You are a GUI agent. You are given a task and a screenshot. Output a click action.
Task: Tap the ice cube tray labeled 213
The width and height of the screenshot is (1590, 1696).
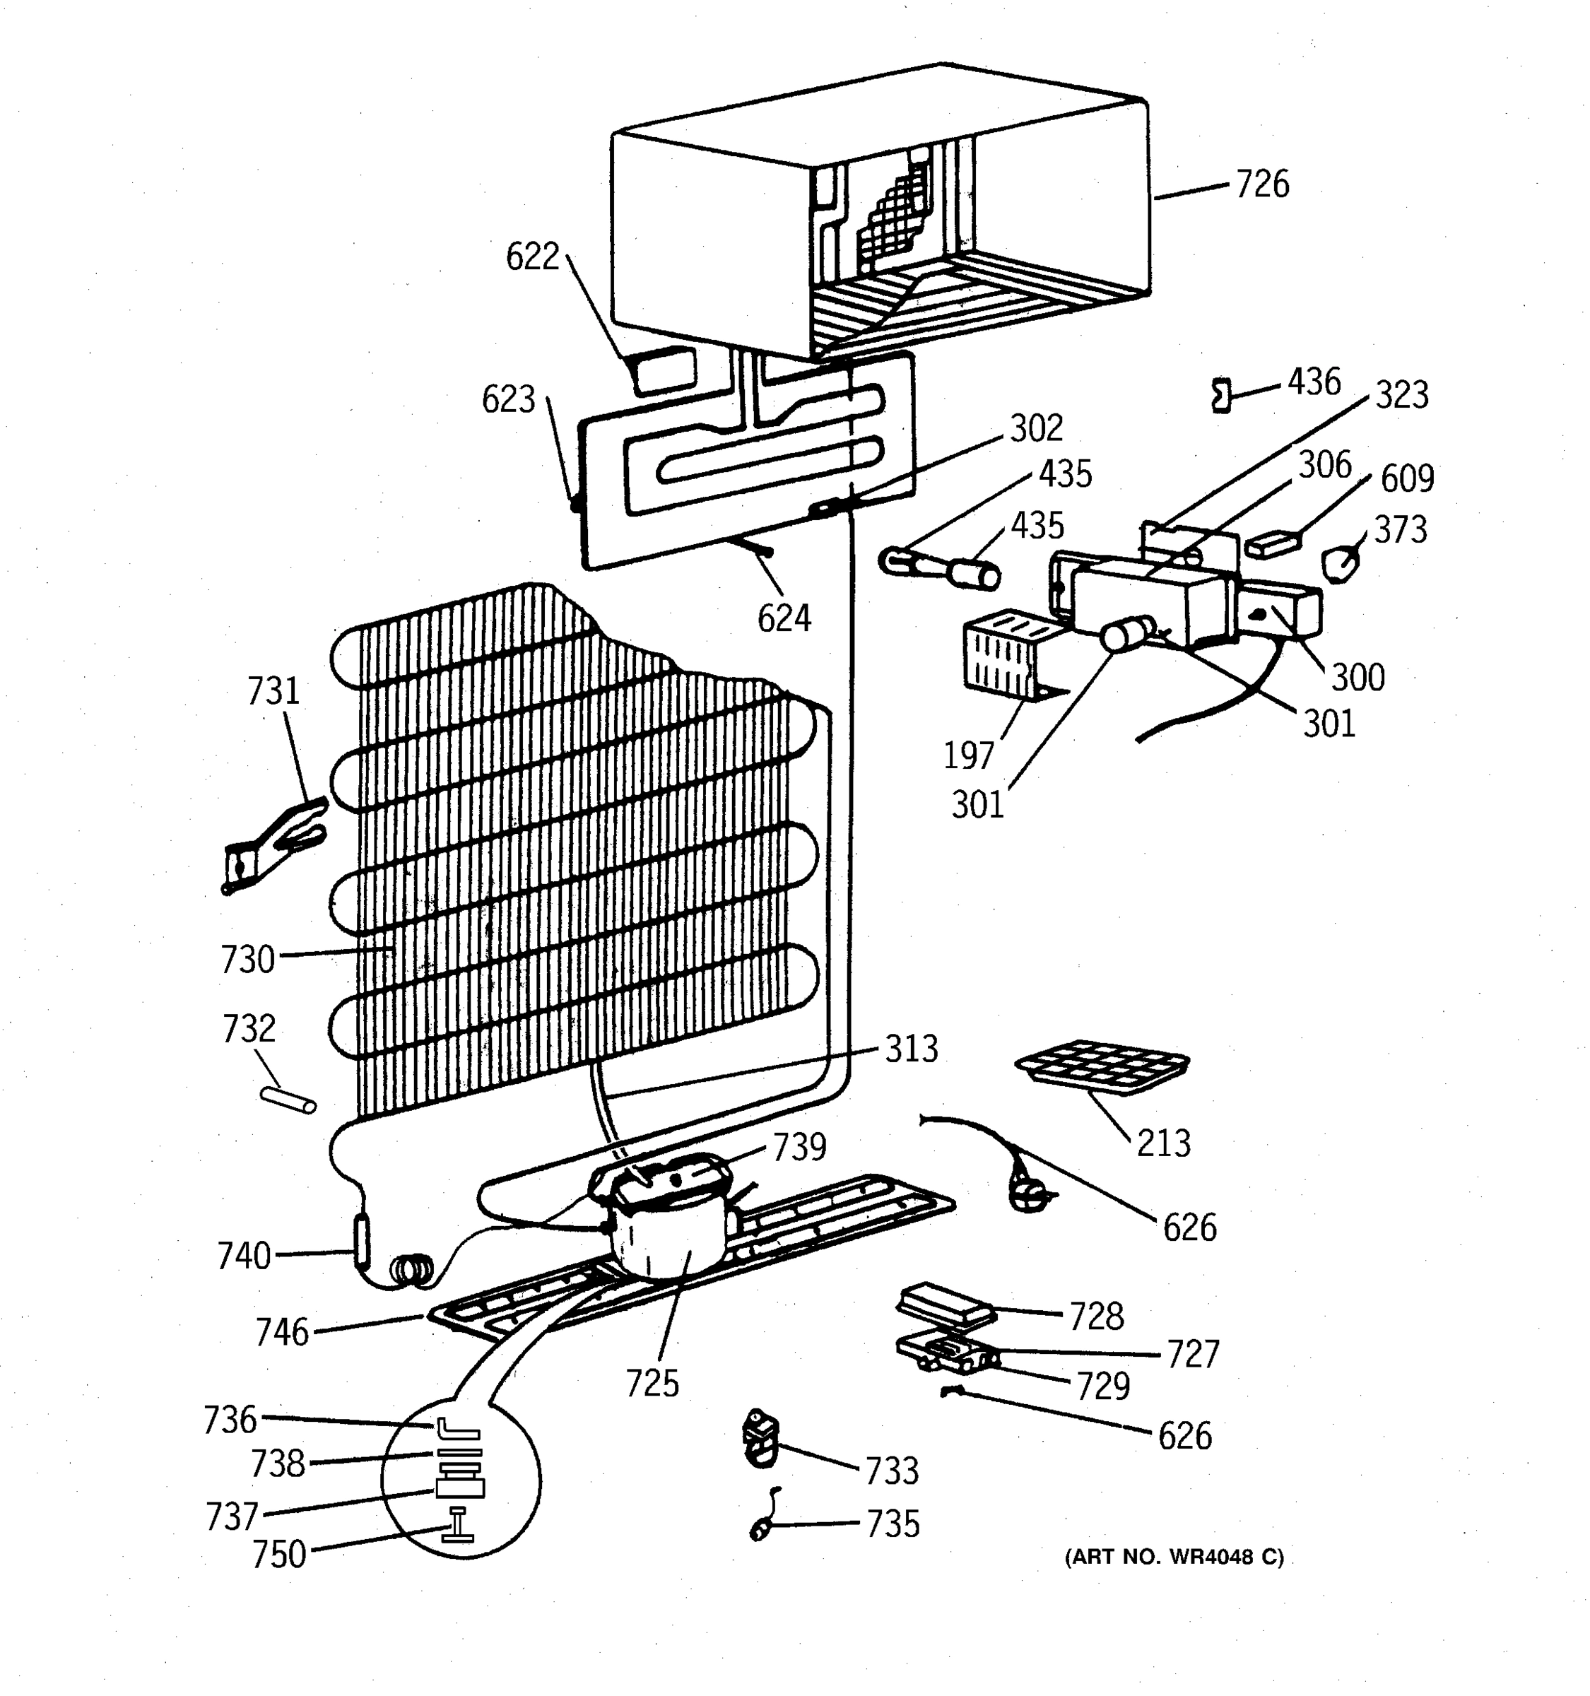(x=1102, y=1066)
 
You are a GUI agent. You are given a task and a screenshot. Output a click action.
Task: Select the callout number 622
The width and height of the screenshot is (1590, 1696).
(x=532, y=257)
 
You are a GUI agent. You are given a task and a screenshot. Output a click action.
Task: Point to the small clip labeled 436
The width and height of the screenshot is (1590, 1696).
(x=1222, y=396)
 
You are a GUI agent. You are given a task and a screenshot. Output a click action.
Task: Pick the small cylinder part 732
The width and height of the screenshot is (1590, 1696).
(x=288, y=1100)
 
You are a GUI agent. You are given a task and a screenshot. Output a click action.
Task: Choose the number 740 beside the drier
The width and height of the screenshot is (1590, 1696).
(x=244, y=1256)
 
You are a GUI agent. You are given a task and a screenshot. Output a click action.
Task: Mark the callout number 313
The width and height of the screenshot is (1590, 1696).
(x=911, y=1049)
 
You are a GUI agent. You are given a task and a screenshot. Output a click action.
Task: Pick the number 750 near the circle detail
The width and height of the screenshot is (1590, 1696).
(x=279, y=1555)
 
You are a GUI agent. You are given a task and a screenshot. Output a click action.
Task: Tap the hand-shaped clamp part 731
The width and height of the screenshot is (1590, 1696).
(x=273, y=844)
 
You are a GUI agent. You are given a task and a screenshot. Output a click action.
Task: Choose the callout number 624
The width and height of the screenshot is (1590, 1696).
(x=784, y=618)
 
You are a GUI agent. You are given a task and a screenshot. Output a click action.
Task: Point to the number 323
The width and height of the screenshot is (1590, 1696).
(x=1401, y=396)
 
